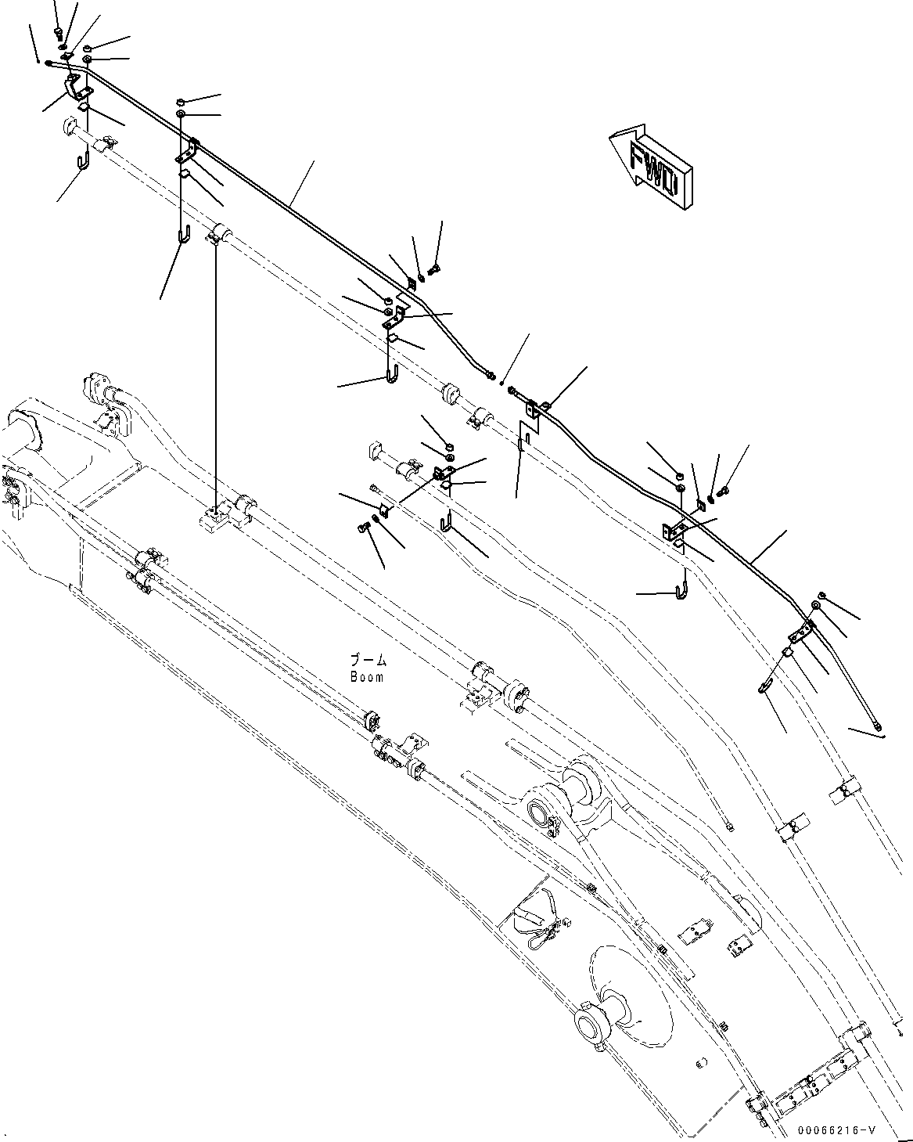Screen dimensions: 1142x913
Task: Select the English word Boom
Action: pyautogui.click(x=367, y=677)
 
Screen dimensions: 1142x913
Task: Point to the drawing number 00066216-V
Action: pyautogui.click(x=836, y=1132)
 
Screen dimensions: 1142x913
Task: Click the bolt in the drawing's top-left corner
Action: pyautogui.click(x=59, y=31)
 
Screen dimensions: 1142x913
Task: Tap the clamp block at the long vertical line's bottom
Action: pyautogui.click(x=215, y=517)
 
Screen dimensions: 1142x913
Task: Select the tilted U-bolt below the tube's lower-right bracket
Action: pyautogui.click(x=764, y=686)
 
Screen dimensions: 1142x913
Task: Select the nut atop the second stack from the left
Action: pyautogui.click(x=181, y=102)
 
